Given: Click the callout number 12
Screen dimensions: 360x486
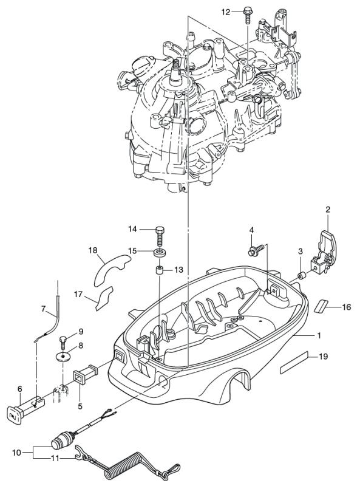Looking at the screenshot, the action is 226,12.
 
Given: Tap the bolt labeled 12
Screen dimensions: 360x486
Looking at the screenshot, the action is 248,15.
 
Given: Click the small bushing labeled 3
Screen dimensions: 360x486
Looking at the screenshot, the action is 302,275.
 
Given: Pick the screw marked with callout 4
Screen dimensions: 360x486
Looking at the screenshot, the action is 256,250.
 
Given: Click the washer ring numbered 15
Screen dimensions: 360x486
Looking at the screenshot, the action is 160,252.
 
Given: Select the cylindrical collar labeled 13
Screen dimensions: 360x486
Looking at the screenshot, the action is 160,270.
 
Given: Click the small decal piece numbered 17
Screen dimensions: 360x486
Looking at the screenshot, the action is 104,298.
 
